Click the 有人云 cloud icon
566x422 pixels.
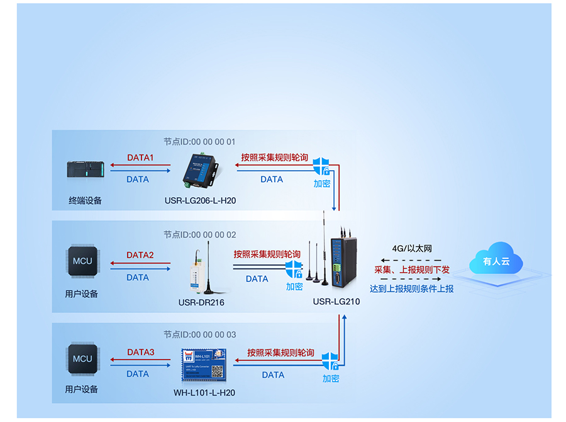point(496,260)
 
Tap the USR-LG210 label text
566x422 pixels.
point(336,302)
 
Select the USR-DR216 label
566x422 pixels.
point(201,302)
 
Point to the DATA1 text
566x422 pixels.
point(140,157)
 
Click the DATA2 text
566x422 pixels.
point(140,255)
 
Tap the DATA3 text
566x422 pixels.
point(140,352)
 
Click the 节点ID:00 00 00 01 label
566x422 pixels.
point(199,142)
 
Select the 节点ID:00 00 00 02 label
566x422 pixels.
point(199,234)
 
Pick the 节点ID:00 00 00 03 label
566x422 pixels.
point(199,334)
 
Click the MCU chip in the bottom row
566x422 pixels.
point(82,359)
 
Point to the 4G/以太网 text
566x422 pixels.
point(412,249)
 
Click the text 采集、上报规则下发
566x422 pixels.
point(412,269)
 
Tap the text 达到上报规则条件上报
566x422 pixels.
point(412,288)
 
